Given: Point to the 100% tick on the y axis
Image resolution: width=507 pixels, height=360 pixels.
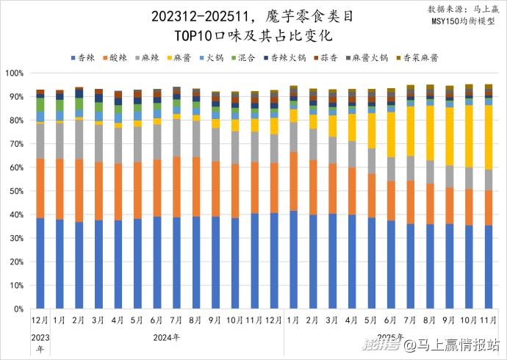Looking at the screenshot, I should (x=15, y=73).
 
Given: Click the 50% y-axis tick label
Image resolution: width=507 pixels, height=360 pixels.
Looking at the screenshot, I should (x=17, y=192).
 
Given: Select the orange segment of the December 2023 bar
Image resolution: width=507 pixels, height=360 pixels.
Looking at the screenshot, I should (x=40, y=188).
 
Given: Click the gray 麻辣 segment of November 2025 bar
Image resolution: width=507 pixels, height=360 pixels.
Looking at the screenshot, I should (x=489, y=180).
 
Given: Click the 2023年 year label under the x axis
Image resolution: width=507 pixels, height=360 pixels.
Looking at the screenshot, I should (x=40, y=342).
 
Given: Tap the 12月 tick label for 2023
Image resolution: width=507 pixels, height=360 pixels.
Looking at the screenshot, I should (x=40, y=321).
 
